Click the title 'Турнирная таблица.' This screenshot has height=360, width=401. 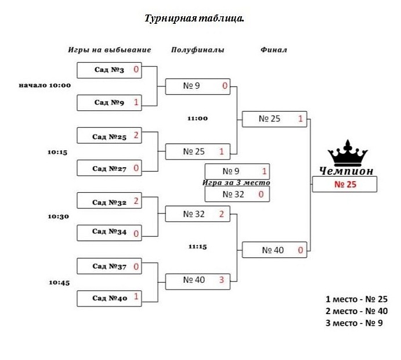click(194, 19)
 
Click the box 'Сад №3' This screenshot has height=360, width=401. click(110, 70)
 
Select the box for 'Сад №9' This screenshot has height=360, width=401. click(110, 103)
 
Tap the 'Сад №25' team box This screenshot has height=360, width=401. click(110, 136)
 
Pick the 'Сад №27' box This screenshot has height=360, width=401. click(110, 168)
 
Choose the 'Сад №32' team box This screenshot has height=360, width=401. click(110, 202)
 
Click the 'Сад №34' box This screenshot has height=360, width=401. click(110, 233)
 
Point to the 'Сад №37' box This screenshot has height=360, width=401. click(110, 267)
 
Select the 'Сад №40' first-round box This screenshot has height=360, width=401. click(110, 298)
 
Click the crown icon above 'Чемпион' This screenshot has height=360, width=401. click(348, 153)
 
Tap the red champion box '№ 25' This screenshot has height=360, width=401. click(345, 185)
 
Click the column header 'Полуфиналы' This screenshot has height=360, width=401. click(197, 50)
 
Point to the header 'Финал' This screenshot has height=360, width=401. click(273, 50)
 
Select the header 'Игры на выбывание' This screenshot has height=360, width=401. click(109, 50)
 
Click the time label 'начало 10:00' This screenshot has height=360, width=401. click(45, 85)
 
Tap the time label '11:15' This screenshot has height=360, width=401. click(197, 246)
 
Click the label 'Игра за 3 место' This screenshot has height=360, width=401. click(236, 182)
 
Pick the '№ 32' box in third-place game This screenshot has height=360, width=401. click(237, 194)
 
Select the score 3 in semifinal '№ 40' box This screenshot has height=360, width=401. click(221, 280)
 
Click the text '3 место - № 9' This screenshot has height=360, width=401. click(354, 323)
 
